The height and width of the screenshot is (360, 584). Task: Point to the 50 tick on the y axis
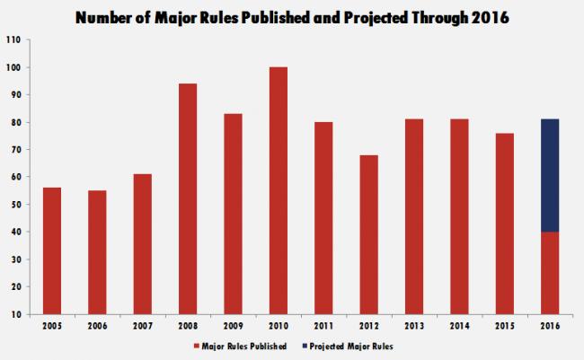tap(13, 205)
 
